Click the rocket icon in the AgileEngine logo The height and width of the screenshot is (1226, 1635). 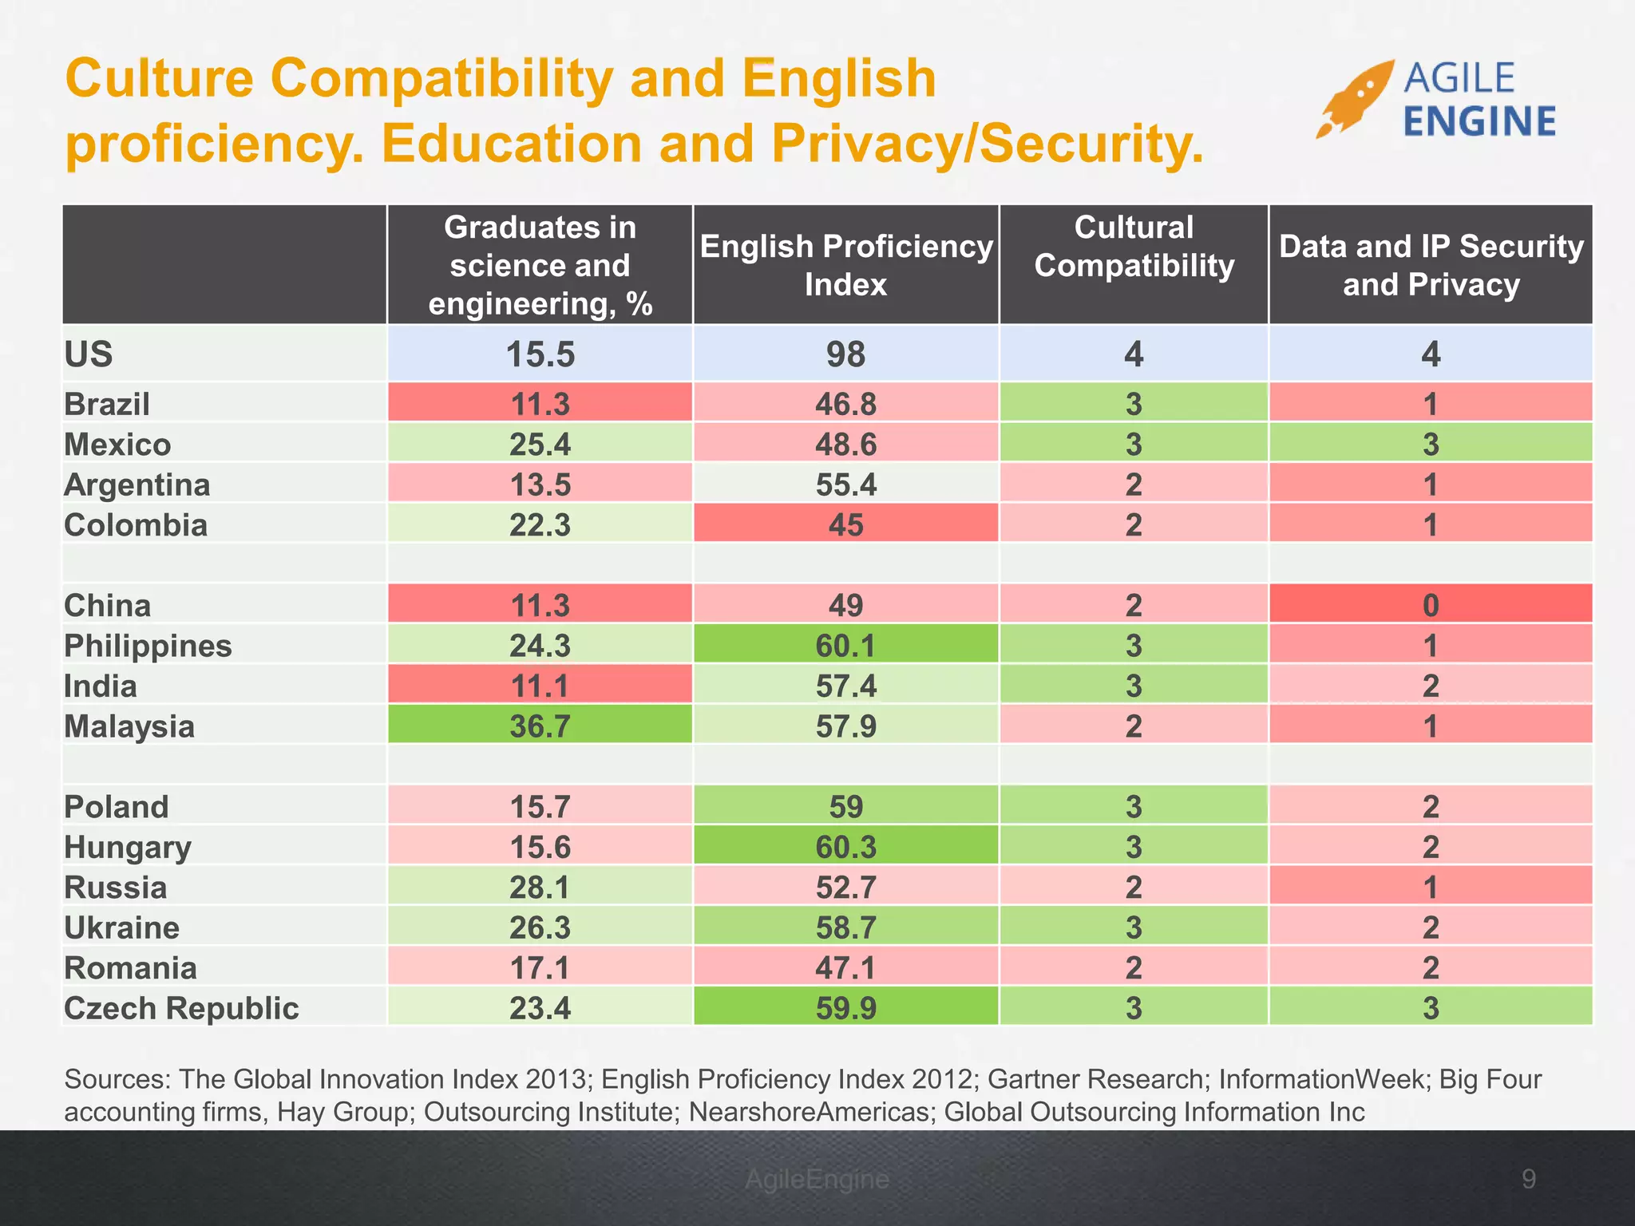(1354, 99)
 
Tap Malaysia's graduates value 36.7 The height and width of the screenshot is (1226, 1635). (540, 726)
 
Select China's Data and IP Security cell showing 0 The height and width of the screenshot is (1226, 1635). (1430, 605)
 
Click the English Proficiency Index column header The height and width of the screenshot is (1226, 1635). (845, 265)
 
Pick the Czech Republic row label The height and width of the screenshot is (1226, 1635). (181, 1008)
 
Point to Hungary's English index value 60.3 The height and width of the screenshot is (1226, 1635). (845, 847)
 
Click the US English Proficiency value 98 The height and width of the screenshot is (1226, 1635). (845, 354)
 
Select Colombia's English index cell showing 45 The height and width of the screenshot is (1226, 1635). (845, 524)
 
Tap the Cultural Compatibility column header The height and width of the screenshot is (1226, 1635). (1134, 247)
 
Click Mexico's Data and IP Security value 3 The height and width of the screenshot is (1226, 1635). (1430, 444)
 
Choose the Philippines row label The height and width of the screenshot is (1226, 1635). (148, 646)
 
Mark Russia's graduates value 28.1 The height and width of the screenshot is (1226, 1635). (540, 887)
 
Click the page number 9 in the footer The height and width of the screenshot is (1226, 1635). (1528, 1179)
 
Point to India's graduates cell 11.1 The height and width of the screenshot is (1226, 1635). (540, 686)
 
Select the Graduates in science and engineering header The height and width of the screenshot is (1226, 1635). (540, 265)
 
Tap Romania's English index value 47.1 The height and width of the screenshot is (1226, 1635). (845, 967)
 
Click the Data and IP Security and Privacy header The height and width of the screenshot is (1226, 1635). (1430, 265)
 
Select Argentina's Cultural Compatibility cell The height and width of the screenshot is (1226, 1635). (1134, 484)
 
